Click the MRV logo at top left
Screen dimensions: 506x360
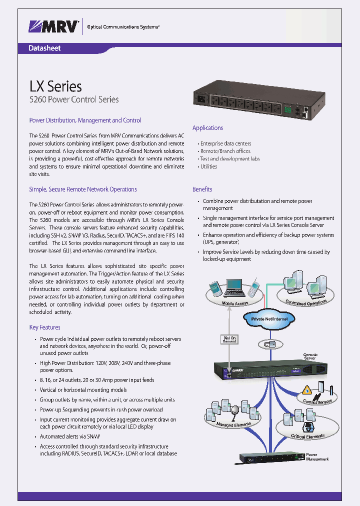coord(54,26)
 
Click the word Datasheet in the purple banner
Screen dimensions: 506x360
coord(45,48)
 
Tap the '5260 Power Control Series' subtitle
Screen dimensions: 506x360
coord(74,99)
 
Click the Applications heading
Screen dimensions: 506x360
coord(207,128)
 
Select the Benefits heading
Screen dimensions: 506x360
coord(202,189)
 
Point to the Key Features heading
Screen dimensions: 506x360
coord(44,327)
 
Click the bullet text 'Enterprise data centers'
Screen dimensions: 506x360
coord(225,143)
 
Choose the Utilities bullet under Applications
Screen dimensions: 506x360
coord(208,166)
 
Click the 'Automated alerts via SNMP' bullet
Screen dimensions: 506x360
coord(73,436)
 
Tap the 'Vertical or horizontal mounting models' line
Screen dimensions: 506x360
coord(83,390)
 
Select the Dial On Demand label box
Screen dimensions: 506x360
coord(229,340)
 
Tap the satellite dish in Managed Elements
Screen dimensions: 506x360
coord(235,409)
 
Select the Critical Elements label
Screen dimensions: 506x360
coord(307,436)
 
